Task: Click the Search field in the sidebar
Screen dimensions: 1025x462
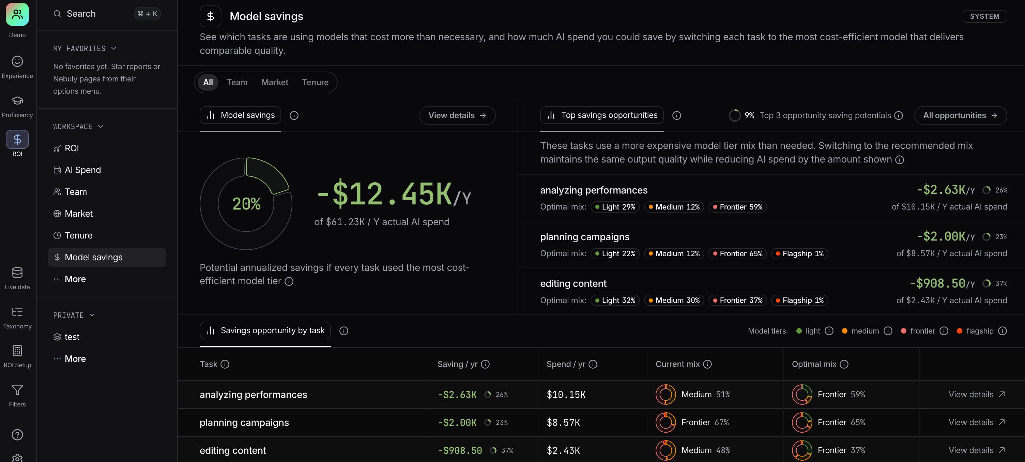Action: (106, 14)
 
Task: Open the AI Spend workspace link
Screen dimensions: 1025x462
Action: (82, 170)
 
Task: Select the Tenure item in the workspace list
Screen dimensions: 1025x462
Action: (78, 235)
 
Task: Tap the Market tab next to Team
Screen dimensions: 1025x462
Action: (275, 82)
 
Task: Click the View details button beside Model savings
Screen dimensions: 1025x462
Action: (457, 115)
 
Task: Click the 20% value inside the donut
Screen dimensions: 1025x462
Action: (246, 204)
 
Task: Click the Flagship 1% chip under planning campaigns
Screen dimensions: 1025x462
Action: (799, 253)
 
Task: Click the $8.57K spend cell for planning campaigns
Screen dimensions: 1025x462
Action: (563, 422)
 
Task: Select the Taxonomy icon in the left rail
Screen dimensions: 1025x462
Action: (17, 312)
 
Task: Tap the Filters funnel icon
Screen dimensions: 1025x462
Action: (17, 390)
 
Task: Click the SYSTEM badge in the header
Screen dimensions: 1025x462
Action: (984, 16)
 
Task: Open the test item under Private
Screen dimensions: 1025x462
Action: (72, 337)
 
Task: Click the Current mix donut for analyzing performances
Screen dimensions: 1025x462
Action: (665, 394)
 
